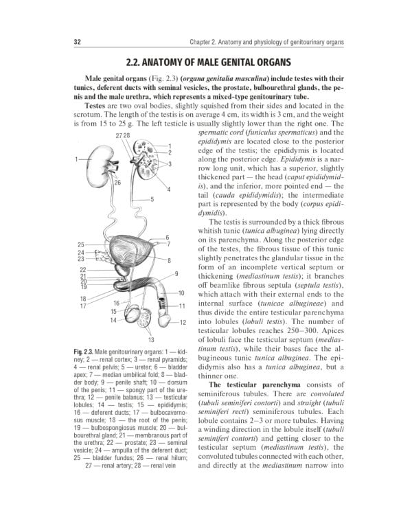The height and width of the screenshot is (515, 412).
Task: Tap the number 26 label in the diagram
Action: click(117, 183)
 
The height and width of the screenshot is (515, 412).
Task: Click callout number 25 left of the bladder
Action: click(81, 244)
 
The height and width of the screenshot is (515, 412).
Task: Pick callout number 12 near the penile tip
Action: click(183, 322)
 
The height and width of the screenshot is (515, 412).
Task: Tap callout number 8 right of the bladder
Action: click(169, 260)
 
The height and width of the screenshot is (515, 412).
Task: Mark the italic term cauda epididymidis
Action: click(260, 195)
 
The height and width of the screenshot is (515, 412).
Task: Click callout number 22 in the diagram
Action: click(82, 270)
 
